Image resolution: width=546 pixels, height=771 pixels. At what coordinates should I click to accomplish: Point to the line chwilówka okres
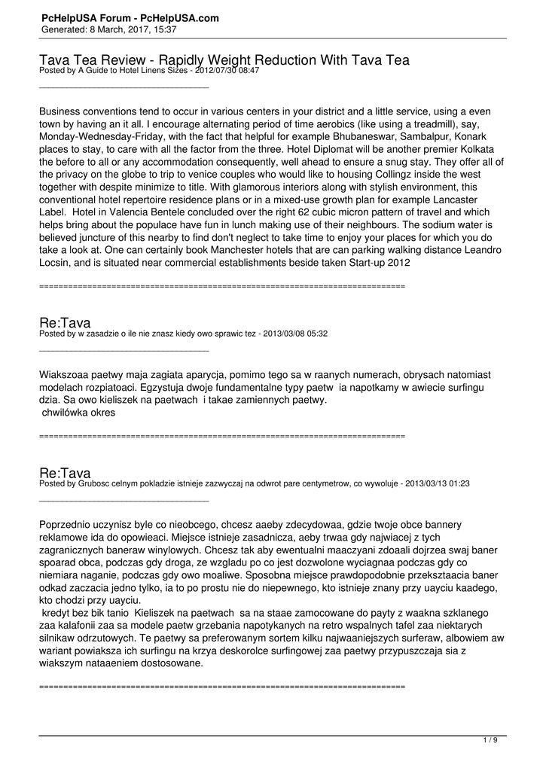coord(78,413)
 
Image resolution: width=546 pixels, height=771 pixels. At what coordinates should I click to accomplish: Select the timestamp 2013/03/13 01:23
coord(437,483)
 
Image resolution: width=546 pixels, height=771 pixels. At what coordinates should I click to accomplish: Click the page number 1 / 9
coord(490,740)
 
